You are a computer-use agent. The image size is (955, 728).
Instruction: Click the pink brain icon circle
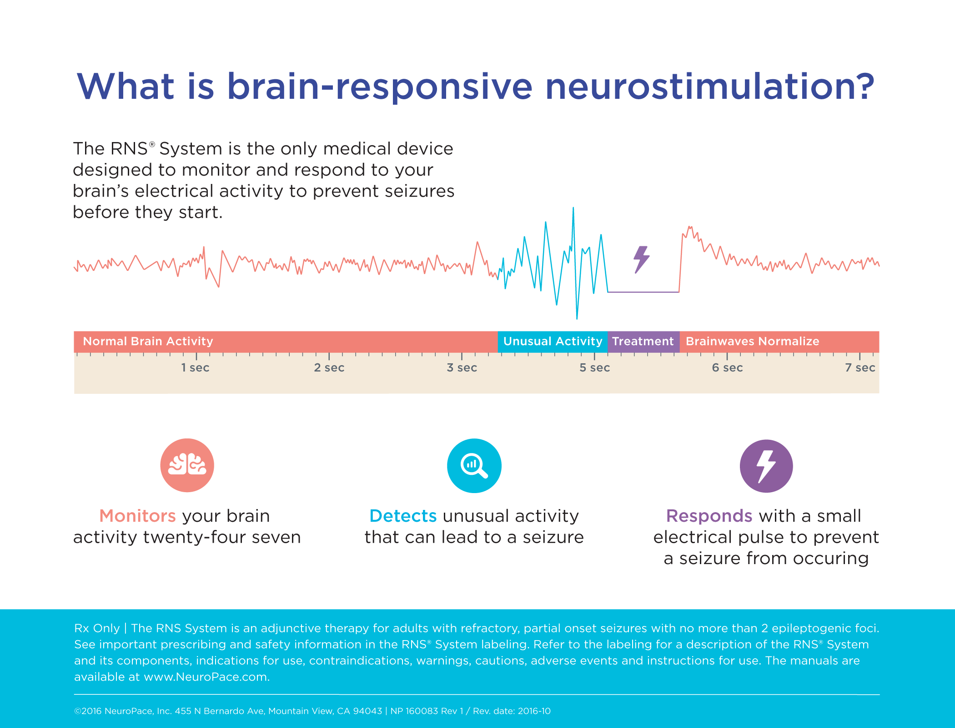187,465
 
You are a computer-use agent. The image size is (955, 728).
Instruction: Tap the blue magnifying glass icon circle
474,465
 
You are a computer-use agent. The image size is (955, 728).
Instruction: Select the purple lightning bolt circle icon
766,466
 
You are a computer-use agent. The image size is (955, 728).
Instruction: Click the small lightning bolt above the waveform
641,260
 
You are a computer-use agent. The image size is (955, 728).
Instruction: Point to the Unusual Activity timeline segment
553,341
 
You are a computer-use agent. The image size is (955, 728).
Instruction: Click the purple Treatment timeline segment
643,341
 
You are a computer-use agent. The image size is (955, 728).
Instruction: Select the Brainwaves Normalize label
752,341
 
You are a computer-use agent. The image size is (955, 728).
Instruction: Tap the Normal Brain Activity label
148,341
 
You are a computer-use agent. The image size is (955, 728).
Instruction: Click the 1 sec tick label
195,367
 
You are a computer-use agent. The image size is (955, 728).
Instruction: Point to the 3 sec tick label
462,367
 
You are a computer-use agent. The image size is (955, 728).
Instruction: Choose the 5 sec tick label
594,367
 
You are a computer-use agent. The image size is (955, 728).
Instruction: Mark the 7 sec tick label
859,367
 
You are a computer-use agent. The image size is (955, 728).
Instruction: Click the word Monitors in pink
137,516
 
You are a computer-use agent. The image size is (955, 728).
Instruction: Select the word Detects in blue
403,516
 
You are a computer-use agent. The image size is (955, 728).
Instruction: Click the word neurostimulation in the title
709,87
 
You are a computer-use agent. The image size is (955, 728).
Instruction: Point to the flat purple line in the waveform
643,292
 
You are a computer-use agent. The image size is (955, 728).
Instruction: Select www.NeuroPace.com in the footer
206,677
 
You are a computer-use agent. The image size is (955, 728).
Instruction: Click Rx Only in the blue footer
96,628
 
